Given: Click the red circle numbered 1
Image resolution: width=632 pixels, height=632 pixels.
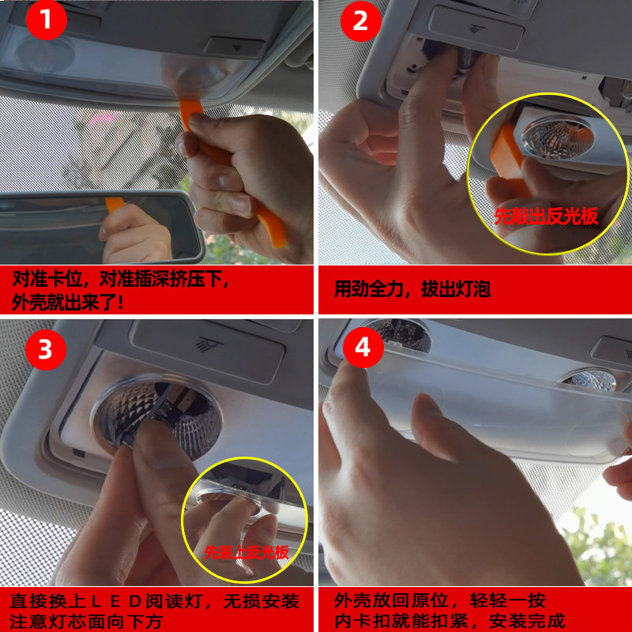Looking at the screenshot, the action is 46,19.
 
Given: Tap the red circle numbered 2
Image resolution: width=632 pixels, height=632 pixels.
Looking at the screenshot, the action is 361,21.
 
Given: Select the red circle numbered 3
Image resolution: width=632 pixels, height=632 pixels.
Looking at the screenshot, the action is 46,349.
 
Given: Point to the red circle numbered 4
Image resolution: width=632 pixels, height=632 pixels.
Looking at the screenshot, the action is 363,348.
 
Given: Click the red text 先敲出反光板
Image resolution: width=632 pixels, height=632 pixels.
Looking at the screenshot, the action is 546,216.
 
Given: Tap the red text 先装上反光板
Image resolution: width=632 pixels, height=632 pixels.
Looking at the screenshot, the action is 246,552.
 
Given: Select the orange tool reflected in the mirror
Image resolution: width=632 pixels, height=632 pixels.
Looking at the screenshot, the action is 115,205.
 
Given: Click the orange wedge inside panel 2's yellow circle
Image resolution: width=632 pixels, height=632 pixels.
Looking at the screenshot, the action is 509,160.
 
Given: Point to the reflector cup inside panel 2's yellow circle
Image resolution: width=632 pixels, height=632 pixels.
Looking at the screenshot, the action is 559,137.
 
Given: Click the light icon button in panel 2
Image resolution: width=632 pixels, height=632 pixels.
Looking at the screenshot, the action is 476,28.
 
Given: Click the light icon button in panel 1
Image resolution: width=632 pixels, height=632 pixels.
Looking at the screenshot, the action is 234,47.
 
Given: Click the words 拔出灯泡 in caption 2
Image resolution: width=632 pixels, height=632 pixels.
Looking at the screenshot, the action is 456,289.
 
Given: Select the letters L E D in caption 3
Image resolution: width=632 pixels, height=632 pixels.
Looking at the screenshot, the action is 115,602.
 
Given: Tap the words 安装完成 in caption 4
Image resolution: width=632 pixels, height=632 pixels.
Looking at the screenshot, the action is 527,621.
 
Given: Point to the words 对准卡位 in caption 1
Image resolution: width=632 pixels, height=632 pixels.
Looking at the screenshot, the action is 47,279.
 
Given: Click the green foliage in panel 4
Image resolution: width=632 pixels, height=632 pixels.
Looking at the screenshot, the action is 597,548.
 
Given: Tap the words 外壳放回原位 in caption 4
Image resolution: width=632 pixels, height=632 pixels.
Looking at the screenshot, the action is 390,600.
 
